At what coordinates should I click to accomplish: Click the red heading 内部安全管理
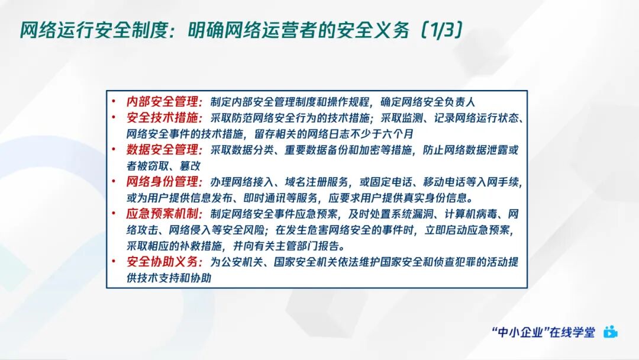click(x=164, y=101)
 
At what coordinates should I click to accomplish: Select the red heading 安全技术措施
click(x=164, y=118)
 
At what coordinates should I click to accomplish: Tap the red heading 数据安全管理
click(x=164, y=150)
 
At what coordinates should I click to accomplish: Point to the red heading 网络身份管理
click(x=164, y=181)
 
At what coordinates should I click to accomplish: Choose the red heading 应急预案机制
click(x=164, y=214)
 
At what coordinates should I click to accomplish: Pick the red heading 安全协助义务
click(x=164, y=262)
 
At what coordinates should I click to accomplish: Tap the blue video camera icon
click(x=610, y=332)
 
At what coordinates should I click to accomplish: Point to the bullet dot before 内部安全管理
click(x=114, y=102)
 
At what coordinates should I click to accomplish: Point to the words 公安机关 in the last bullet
click(x=241, y=262)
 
